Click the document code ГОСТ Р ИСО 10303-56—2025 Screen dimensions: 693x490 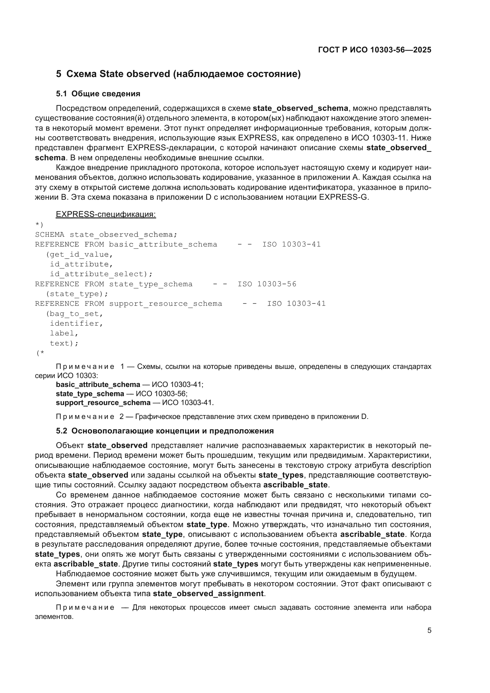tap(374, 50)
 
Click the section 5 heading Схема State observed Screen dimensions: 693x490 tap(178, 74)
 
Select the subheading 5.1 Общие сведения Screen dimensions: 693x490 tap(98, 94)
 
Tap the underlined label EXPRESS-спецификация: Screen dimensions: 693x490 tap(106, 214)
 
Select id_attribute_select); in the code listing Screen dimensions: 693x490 tap(101, 274)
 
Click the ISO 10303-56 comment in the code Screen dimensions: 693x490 tap(267, 284)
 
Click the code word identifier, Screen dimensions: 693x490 tap(76, 324)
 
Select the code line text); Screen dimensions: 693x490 tap(64, 343)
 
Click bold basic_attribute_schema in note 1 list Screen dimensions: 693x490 tap(98, 385)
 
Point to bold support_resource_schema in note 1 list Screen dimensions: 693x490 tap(103, 403)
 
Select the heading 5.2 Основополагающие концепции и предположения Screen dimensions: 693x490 tap(165, 431)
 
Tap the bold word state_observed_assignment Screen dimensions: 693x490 tap(209, 594)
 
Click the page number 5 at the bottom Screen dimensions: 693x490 tap(429, 630)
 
